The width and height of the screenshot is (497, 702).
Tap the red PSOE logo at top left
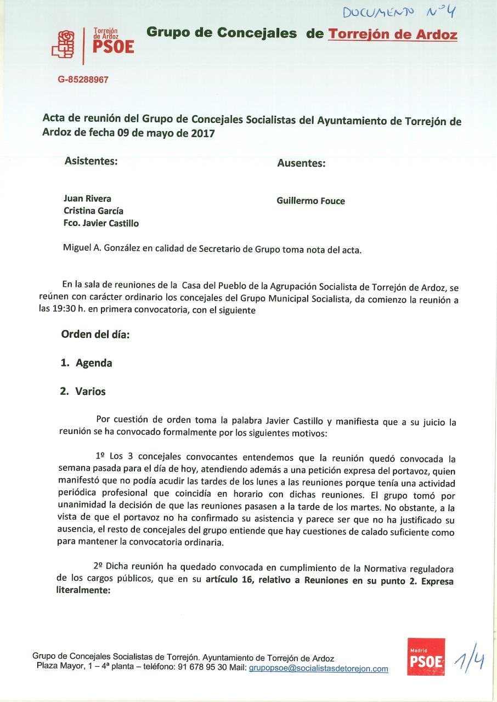pyautogui.click(x=93, y=44)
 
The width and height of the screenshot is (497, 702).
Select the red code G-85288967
pyautogui.click(x=83, y=80)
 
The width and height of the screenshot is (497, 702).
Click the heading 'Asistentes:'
pyautogui.click(x=91, y=161)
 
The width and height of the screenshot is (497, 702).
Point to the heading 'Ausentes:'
pyautogui.click(x=301, y=163)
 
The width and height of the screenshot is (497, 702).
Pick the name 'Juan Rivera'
pyautogui.click(x=87, y=199)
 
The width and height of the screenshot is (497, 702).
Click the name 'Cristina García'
pyautogui.click(x=93, y=211)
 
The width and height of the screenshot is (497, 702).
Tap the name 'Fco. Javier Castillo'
pyautogui.click(x=101, y=223)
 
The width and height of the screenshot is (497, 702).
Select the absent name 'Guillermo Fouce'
pyautogui.click(x=310, y=201)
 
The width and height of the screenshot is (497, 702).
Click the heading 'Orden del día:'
pyautogui.click(x=95, y=335)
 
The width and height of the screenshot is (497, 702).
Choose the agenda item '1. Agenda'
pyautogui.click(x=86, y=363)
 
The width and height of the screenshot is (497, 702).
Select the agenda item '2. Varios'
pyautogui.click(x=83, y=392)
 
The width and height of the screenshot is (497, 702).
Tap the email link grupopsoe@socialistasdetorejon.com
pyautogui.click(x=318, y=669)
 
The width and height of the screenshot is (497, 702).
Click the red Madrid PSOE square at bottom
pyautogui.click(x=426, y=657)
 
